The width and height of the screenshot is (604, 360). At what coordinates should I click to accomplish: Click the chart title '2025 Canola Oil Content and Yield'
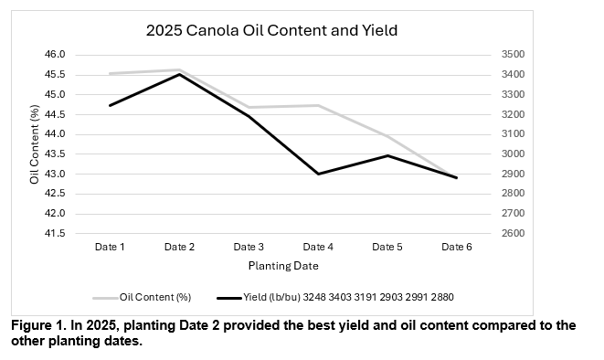271,30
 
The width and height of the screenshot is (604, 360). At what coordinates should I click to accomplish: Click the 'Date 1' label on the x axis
110,247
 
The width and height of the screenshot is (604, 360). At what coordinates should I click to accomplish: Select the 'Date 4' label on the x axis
318,247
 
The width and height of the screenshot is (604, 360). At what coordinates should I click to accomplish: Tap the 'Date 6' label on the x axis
456,247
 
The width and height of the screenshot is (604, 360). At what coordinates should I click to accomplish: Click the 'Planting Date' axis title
282,266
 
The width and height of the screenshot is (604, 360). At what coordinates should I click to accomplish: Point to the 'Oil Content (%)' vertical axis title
34,144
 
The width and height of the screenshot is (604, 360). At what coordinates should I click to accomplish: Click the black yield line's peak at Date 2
179,74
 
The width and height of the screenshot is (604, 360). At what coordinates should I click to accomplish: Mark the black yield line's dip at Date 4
318,174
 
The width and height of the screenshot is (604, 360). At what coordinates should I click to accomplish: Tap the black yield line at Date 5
387,155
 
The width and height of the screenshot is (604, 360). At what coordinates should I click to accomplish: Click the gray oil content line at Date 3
249,107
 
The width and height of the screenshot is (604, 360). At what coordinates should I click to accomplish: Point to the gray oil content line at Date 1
110,73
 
